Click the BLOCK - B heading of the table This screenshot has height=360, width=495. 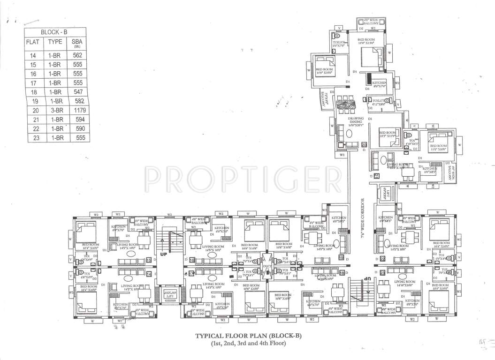54,32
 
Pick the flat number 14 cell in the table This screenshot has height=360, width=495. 33,56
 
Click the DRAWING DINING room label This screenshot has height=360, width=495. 357,122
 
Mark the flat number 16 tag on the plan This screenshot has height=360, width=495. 192,260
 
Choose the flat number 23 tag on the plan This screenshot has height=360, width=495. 382,272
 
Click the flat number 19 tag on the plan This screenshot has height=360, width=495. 341,258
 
